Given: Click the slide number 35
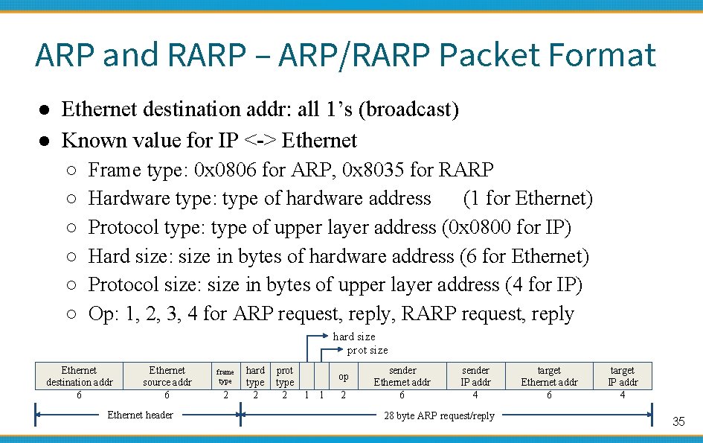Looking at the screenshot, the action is coord(678,421).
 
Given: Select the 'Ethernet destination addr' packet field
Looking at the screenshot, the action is coord(79,376).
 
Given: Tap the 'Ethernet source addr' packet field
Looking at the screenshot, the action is coord(167,376).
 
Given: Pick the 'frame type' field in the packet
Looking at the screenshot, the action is coord(225,376).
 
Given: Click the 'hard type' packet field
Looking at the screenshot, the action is coord(255,376).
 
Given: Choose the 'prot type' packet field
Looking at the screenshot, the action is coord(285,376).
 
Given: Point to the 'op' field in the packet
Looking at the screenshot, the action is coord(343,376).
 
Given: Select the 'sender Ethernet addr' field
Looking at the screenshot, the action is coord(402,376).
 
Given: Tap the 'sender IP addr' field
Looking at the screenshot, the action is coord(476,376).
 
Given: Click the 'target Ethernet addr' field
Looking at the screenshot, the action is coord(549,376).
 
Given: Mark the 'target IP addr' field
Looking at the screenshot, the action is coord(623,376).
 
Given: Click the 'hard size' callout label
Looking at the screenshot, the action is coord(353,337).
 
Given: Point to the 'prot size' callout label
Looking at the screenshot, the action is coord(367,350).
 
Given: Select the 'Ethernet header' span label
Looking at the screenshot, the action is coord(141,415).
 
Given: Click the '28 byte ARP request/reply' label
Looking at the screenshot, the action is coord(439,415).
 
